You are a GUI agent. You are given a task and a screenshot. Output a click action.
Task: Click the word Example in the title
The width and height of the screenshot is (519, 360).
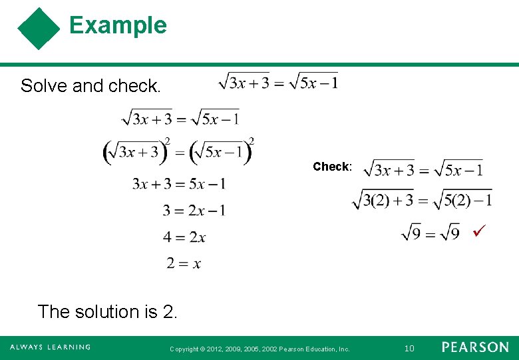click(118, 25)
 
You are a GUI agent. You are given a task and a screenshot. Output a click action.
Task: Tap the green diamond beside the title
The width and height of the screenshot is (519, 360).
click(39, 29)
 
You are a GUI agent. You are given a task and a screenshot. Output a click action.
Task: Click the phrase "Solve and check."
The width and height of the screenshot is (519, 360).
click(90, 86)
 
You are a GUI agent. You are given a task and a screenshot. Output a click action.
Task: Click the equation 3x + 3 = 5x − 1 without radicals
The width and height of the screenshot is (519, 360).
click(178, 183)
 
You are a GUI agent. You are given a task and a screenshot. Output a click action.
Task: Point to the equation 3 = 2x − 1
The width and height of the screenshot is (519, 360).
click(194, 211)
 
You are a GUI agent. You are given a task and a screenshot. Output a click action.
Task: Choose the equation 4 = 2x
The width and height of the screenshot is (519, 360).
click(184, 237)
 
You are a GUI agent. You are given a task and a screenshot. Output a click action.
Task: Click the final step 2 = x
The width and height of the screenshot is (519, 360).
click(184, 263)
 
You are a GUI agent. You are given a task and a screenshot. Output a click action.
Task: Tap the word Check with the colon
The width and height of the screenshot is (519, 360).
click(332, 167)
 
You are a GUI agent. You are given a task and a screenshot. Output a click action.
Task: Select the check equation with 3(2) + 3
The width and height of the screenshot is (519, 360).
click(422, 199)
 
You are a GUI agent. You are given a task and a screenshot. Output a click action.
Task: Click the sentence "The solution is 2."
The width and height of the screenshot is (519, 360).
click(108, 311)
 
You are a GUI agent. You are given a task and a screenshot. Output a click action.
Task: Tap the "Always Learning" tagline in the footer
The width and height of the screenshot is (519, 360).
click(50, 347)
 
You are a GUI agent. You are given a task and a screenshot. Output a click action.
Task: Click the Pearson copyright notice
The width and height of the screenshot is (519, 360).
click(259, 349)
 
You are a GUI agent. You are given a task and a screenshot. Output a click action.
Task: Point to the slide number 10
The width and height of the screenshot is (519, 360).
click(409, 348)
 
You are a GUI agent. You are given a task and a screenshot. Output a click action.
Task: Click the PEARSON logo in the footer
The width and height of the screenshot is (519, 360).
click(475, 347)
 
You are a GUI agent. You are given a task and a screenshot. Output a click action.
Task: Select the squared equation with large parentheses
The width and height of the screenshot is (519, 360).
click(178, 151)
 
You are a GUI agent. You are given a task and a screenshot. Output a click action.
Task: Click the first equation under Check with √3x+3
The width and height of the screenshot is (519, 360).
click(423, 169)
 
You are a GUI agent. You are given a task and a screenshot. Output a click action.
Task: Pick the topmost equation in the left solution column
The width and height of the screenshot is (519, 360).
click(180, 119)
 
